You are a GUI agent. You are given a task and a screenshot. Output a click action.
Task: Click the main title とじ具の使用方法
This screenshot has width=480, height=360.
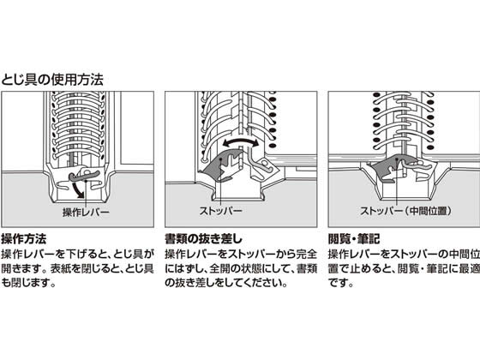[x=52, y=80]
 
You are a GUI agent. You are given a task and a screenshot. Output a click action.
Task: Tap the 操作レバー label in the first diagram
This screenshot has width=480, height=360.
[x=86, y=212]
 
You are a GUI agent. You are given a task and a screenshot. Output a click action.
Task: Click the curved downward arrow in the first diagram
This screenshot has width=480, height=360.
[x=79, y=189]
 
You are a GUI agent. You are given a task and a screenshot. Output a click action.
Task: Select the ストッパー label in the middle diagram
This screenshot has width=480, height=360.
[x=221, y=211]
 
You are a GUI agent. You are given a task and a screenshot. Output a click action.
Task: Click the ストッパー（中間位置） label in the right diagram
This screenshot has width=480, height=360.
[x=406, y=211]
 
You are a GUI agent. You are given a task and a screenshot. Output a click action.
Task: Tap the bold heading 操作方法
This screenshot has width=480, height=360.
[x=24, y=239]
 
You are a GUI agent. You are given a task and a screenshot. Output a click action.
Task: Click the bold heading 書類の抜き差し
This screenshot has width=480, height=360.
[x=204, y=239]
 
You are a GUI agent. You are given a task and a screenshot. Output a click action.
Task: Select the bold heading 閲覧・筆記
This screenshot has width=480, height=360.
[x=354, y=239]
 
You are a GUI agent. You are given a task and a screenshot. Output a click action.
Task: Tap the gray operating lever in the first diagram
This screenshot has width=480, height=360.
[x=83, y=176]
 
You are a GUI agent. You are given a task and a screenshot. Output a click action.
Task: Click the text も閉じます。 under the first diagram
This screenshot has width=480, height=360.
[x=29, y=283]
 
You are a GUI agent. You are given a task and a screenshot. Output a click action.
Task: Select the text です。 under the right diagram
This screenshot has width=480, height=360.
[x=341, y=283]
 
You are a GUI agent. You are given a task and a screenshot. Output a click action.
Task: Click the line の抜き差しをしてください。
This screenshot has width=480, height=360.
[x=226, y=283]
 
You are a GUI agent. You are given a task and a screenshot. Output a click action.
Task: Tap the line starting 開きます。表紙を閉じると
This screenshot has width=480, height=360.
[x=77, y=268]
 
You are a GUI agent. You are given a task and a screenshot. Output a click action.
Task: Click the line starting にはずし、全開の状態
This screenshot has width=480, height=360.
[x=241, y=268]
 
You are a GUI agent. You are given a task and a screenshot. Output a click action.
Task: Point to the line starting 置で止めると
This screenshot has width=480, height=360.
[x=404, y=268]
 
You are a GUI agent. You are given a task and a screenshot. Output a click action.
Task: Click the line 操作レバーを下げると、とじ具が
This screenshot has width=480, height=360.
[x=77, y=254]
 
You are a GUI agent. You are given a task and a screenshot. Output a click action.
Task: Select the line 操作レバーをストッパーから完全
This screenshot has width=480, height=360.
[x=241, y=254]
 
